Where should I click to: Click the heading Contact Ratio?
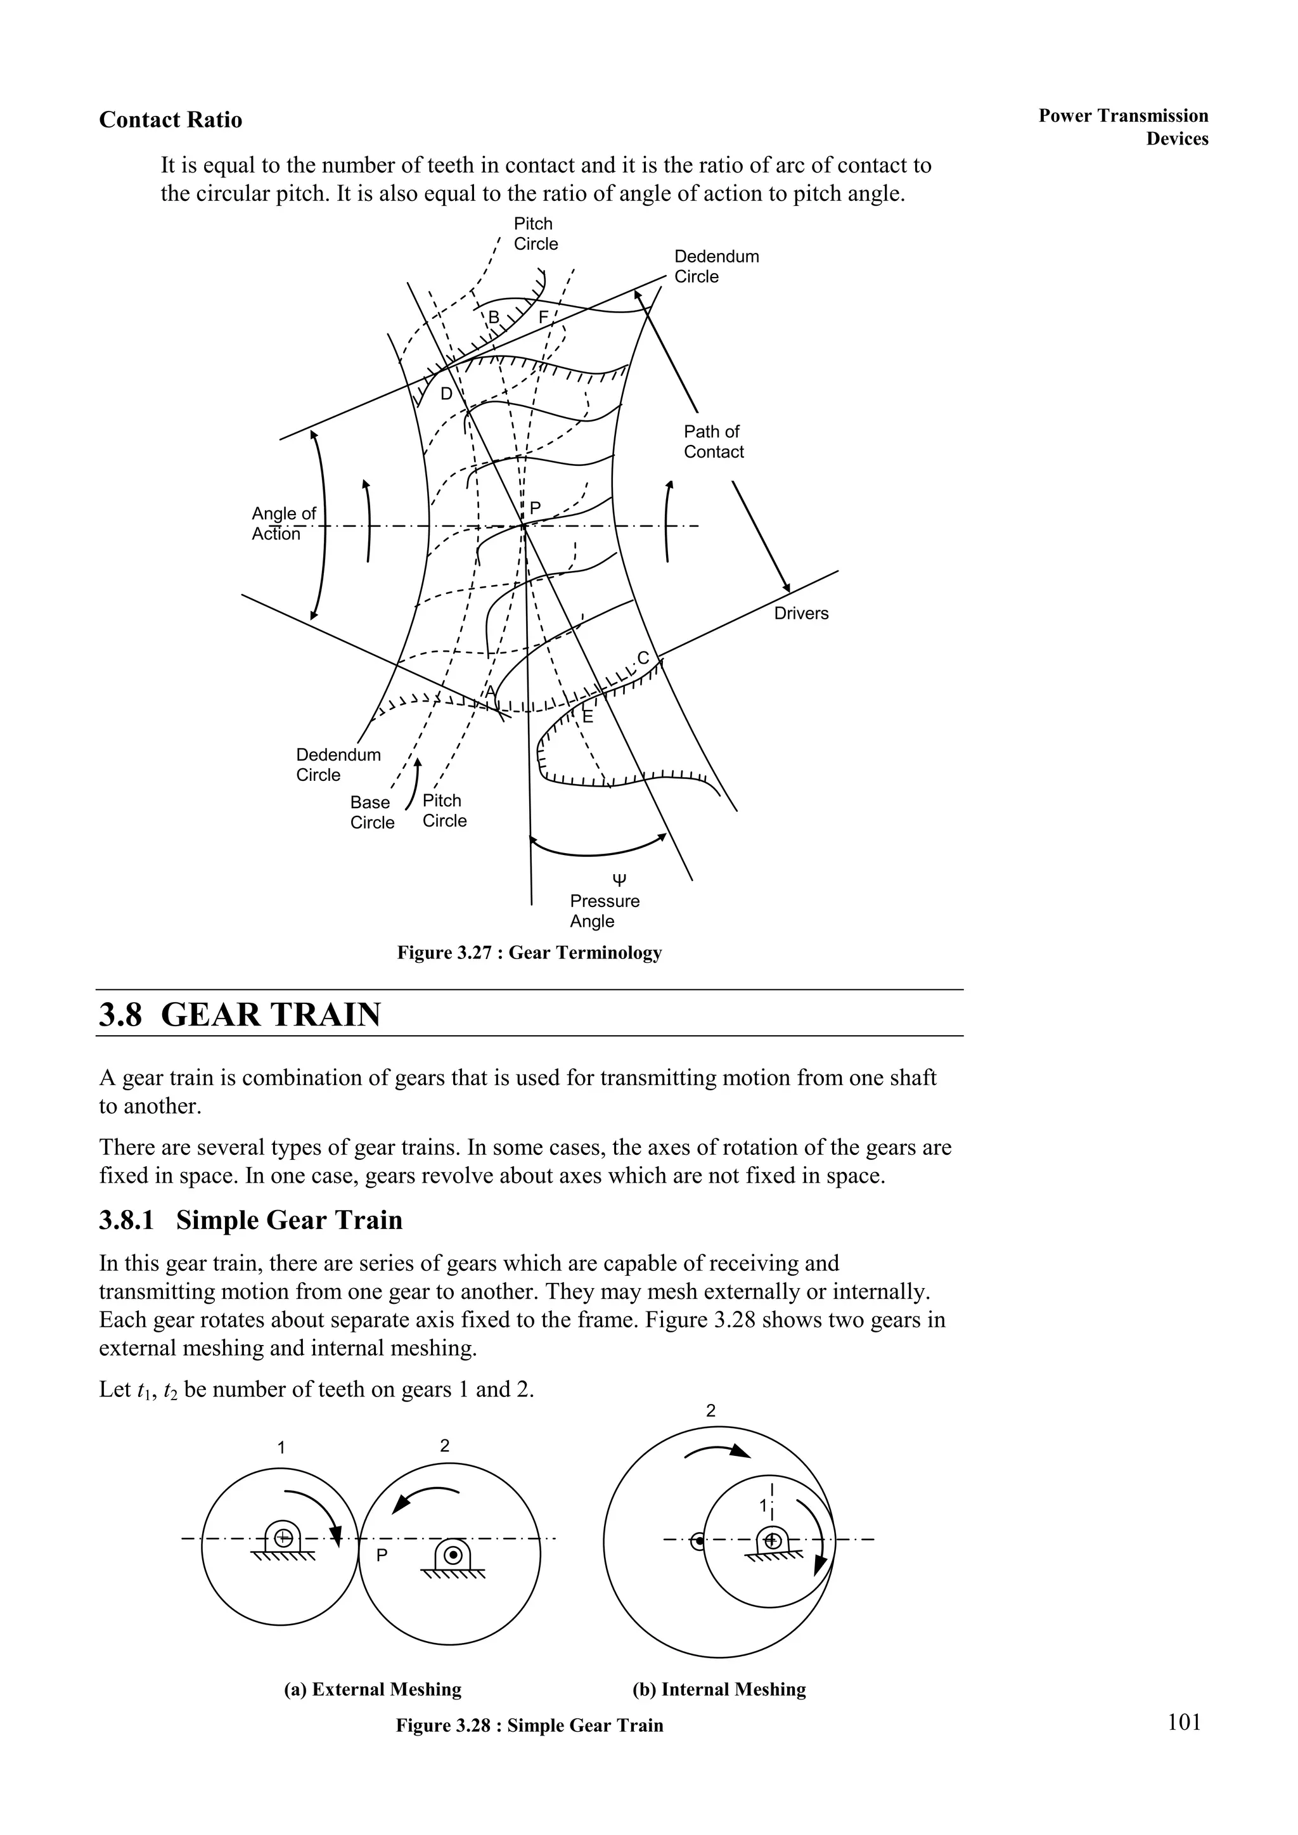pos(170,120)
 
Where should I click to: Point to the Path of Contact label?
pos(713,442)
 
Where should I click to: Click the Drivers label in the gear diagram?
pos(801,614)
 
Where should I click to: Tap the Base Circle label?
pos(371,813)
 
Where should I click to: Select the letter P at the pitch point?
pos(536,508)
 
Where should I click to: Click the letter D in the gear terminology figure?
pos(447,394)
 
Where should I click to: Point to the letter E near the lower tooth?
pos(588,717)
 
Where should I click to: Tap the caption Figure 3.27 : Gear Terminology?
pos(529,953)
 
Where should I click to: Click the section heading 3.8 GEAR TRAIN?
pos(240,1015)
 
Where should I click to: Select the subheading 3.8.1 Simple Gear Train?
pos(250,1220)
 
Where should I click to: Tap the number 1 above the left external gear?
pos(281,1447)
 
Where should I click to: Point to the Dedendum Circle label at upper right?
pos(716,266)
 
